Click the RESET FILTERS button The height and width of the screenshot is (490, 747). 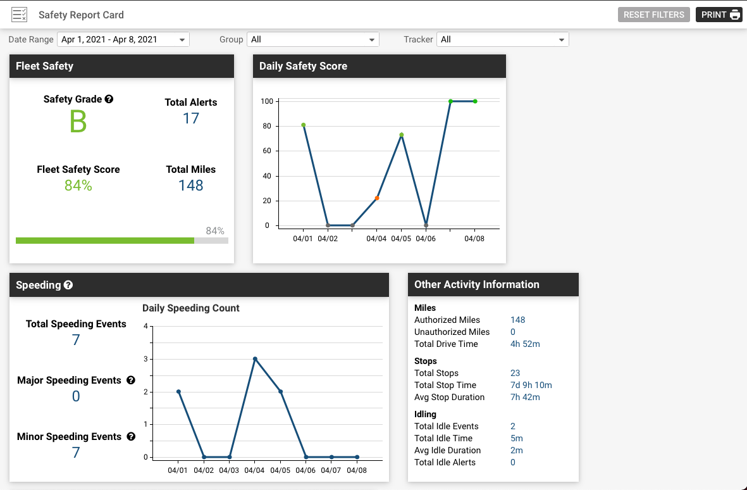point(653,15)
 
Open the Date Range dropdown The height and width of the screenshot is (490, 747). point(123,39)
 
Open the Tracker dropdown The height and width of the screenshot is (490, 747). point(502,39)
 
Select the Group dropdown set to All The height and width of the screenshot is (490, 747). point(312,39)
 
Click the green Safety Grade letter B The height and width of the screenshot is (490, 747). point(78,122)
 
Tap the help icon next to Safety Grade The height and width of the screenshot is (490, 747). point(109,99)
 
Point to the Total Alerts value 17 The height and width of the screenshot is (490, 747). point(191,118)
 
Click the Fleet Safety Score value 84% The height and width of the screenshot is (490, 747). point(78,185)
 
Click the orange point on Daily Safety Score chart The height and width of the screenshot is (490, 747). point(377,198)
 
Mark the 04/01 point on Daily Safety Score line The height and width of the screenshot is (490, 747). point(304,125)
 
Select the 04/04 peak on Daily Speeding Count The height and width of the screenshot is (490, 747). point(255,359)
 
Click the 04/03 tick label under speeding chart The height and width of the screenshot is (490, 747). point(229,470)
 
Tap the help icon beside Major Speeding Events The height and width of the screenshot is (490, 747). point(131,380)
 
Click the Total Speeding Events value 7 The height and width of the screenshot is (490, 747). point(76,341)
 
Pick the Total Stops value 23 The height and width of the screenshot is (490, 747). point(515,373)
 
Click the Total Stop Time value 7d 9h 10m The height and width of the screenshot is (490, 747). point(531,385)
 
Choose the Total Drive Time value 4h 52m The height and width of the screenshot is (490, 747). point(525,344)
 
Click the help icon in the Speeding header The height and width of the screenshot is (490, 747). point(68,285)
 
